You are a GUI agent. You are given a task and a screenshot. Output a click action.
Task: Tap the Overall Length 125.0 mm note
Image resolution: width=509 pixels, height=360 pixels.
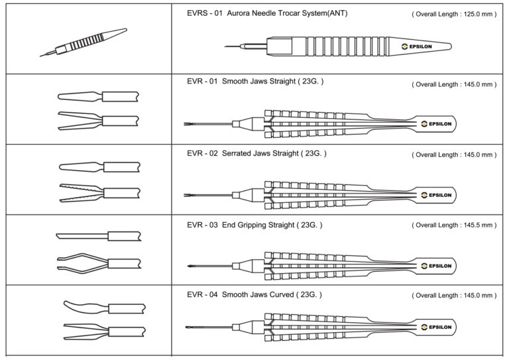point(454,13)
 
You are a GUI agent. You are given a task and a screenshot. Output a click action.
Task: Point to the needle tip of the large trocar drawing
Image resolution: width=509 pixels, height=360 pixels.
point(227,46)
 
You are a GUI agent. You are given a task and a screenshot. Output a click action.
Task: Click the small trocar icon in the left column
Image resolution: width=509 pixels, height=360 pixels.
point(83,42)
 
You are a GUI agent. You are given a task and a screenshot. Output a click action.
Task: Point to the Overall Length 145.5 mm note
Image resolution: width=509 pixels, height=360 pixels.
point(454,225)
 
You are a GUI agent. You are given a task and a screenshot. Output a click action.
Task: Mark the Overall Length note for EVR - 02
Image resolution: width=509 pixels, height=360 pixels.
point(454,154)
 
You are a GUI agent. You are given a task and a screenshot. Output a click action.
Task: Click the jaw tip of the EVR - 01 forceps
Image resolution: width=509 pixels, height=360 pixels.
point(187,123)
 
